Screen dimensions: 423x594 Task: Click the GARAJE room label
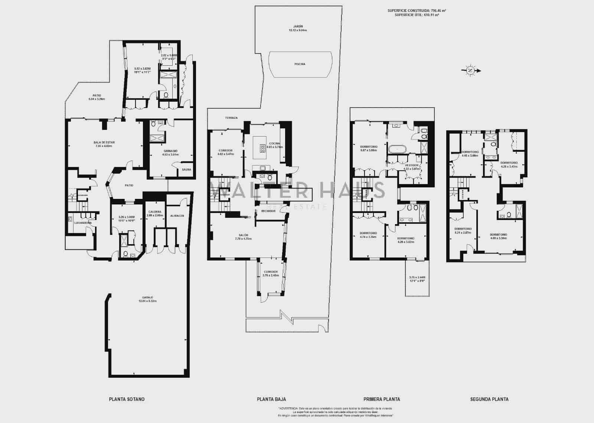click(147, 298)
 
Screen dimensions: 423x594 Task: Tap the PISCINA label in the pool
click(300, 64)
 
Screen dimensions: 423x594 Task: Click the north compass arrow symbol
click(471, 70)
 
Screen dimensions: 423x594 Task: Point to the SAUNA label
click(186, 170)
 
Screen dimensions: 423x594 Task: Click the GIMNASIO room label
click(170, 151)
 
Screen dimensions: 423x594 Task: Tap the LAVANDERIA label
click(83, 223)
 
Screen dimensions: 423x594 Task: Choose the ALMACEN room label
click(177, 216)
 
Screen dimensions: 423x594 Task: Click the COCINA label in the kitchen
click(275, 144)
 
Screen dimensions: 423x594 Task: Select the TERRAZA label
click(231, 118)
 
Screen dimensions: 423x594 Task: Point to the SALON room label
click(244, 235)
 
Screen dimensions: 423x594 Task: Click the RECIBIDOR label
click(268, 211)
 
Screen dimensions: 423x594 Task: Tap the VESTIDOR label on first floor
click(412, 165)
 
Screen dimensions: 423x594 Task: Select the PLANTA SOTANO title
click(127, 399)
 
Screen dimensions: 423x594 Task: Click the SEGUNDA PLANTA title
click(489, 399)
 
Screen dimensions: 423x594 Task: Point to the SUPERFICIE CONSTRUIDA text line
click(417, 11)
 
